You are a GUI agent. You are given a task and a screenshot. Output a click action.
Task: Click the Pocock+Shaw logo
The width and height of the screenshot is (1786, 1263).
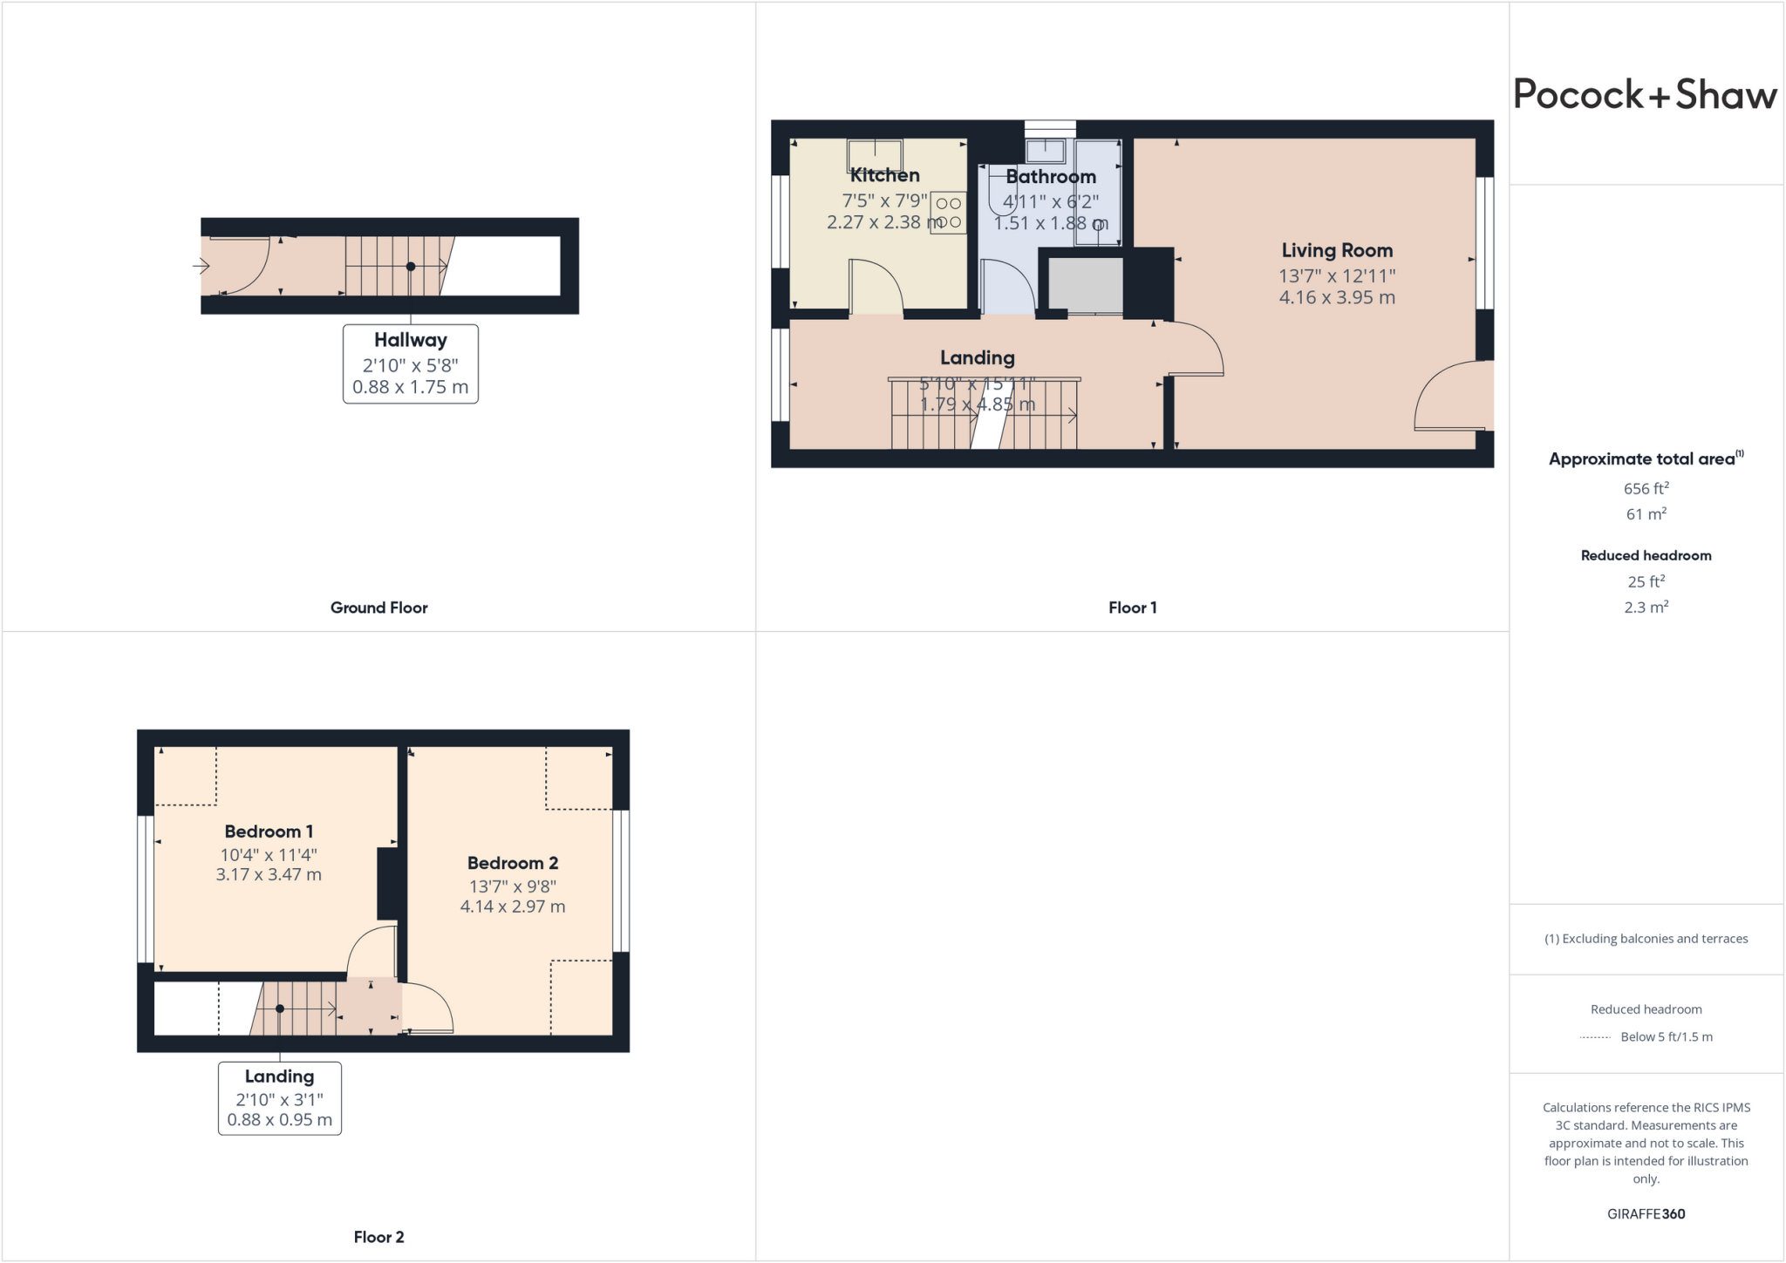[x=1644, y=94]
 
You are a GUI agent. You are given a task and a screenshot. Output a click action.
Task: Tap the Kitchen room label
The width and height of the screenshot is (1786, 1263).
[x=884, y=175]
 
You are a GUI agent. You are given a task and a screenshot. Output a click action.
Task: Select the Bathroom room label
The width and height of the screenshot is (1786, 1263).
[x=1050, y=177]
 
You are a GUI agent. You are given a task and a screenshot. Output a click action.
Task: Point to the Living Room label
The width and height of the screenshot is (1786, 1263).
[x=1336, y=251]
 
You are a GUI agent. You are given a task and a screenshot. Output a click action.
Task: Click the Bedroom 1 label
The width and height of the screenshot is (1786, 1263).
[x=269, y=832]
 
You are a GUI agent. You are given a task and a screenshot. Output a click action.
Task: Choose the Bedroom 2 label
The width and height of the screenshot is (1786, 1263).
[x=512, y=863]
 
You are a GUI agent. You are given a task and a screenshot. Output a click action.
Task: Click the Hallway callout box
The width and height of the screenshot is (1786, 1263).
[x=410, y=363]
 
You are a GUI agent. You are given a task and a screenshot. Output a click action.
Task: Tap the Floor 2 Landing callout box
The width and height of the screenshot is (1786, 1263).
[x=279, y=1098]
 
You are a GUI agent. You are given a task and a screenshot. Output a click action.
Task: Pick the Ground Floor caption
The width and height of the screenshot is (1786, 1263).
[x=378, y=608]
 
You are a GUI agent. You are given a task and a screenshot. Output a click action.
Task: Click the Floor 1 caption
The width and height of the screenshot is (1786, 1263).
[x=1132, y=608]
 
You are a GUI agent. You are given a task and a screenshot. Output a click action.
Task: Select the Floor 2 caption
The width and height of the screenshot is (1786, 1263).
[x=378, y=1237]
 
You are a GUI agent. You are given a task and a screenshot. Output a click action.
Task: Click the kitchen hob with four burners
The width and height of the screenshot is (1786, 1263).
[x=949, y=213]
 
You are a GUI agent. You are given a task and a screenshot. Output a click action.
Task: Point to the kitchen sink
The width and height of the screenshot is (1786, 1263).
[x=875, y=154]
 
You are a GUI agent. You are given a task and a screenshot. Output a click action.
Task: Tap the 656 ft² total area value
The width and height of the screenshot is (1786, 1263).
[x=1646, y=489]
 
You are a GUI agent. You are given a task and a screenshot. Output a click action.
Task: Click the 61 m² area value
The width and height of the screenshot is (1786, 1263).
[x=1646, y=514]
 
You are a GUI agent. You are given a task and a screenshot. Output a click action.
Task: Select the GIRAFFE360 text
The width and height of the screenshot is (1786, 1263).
[x=1646, y=1213]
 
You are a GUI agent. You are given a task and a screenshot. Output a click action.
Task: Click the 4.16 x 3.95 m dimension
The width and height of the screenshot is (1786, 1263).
[x=1336, y=298]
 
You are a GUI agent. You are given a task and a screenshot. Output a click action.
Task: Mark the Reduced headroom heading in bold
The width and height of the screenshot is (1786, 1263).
[x=1646, y=555]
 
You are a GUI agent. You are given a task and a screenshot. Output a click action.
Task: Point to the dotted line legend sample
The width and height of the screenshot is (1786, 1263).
[x=1595, y=1037]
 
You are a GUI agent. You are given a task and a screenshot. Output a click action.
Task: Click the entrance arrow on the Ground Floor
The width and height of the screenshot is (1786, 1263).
[x=201, y=266]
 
